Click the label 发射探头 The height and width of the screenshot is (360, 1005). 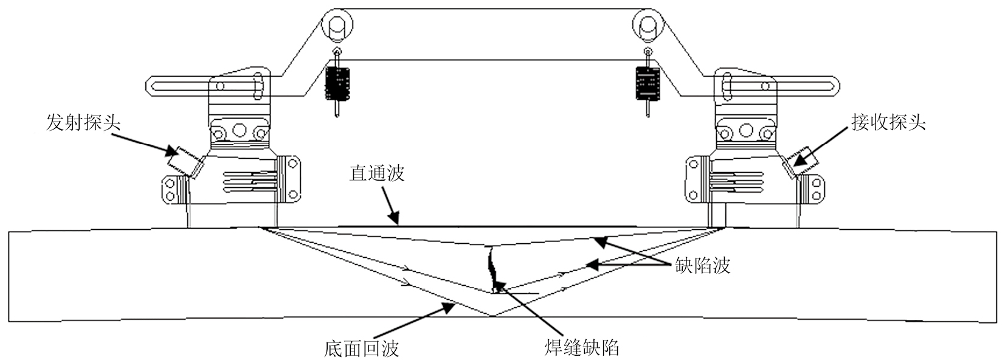point(84,123)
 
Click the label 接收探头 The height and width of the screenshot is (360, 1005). point(888,122)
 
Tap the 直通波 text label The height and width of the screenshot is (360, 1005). point(376,173)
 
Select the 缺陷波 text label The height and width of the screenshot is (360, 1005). point(702,265)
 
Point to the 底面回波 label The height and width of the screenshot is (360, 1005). point(361,348)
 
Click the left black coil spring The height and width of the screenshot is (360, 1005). point(337,83)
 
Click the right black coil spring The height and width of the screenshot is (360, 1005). point(648,83)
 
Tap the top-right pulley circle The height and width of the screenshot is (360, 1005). point(646,25)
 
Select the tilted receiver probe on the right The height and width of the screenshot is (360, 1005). point(801,159)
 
